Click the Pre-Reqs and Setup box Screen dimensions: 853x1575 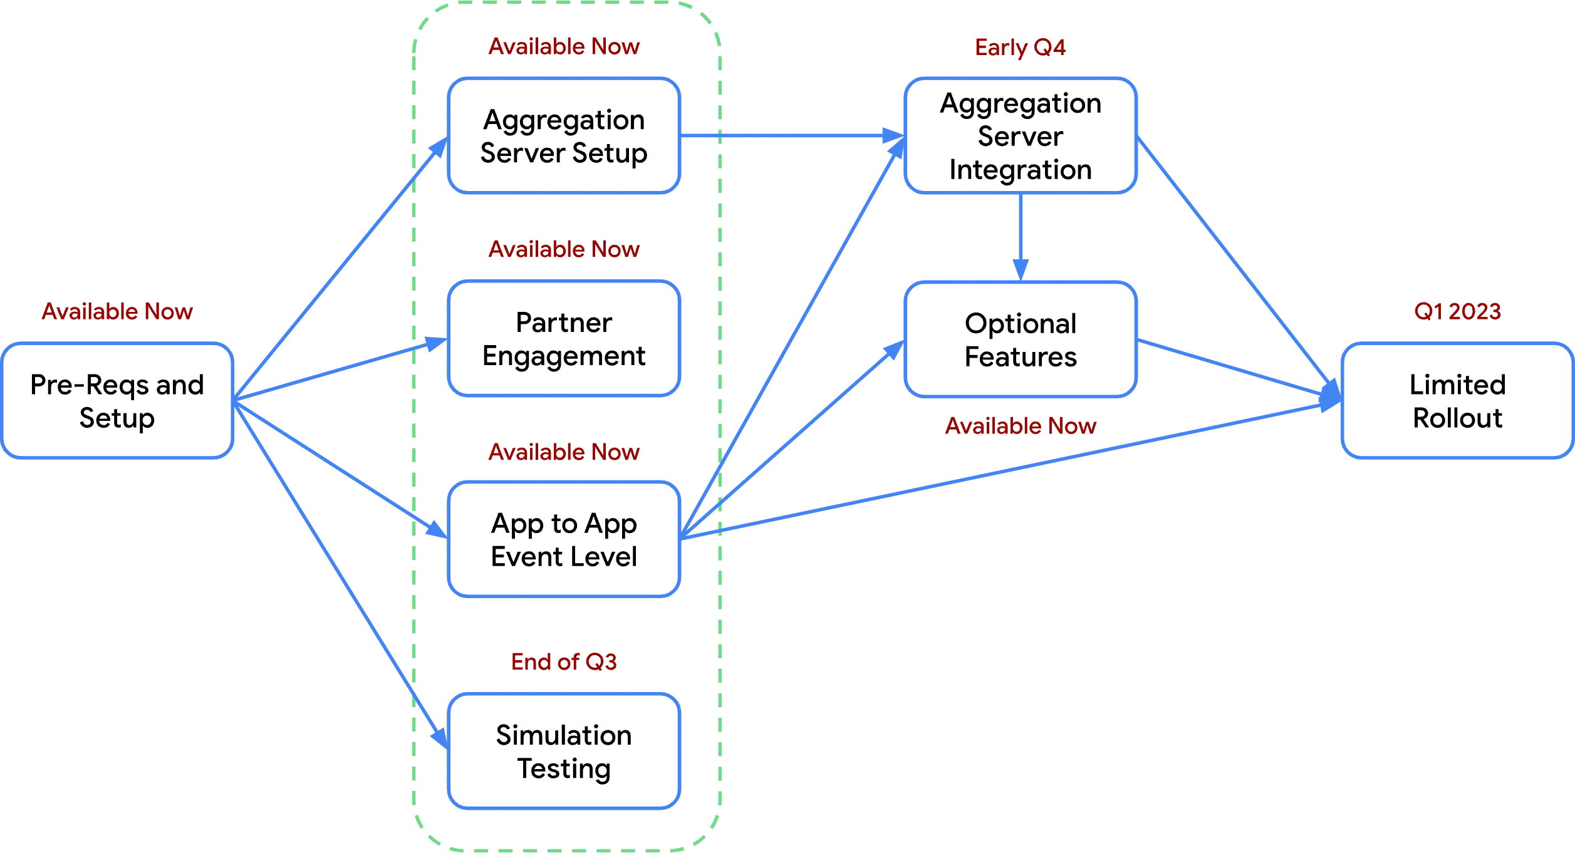tap(117, 401)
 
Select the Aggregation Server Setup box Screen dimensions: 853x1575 tap(564, 136)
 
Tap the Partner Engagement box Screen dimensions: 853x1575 tap(564, 339)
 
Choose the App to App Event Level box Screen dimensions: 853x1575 tap(564, 540)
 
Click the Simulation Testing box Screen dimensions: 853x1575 tap(564, 752)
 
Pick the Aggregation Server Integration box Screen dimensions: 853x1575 tap(1021, 136)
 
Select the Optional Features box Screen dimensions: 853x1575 tap(1021, 339)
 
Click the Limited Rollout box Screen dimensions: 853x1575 tap(1457, 401)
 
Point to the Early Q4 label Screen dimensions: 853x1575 tap(1020, 48)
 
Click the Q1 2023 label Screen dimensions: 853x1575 tap(1457, 311)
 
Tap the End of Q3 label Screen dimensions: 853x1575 tap(564, 662)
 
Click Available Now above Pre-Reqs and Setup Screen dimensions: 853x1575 tap(117, 311)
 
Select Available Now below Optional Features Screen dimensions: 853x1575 tap(1021, 426)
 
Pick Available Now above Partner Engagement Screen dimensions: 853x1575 tap(564, 249)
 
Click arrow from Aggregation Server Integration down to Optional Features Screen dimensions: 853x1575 tap(1021, 238)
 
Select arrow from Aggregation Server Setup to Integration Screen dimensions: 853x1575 tap(789, 135)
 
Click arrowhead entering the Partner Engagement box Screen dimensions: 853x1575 tap(436, 343)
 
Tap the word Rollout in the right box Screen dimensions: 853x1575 tap(1457, 418)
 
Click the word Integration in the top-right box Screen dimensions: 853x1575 tap(1021, 170)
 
